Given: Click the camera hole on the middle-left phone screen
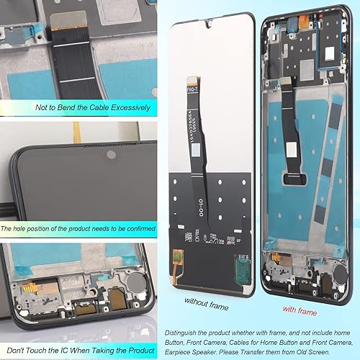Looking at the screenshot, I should click(110, 155).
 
